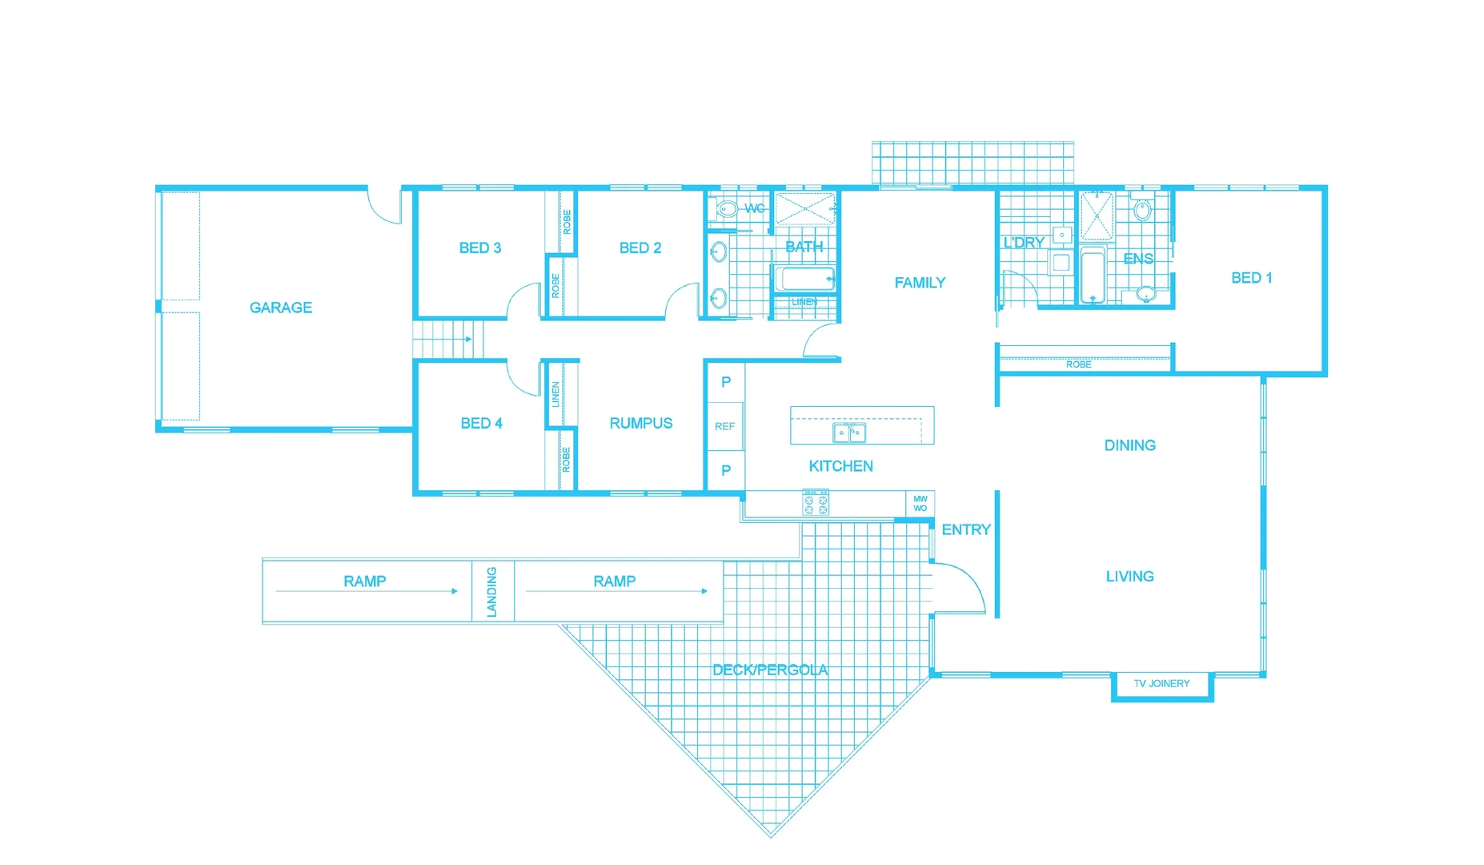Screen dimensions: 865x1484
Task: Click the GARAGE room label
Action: [x=280, y=308]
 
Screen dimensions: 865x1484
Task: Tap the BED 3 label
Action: [x=479, y=248]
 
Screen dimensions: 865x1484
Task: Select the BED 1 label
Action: [x=1251, y=278]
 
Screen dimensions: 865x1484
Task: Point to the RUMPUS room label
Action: [x=640, y=423]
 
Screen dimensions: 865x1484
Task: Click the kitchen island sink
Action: [x=849, y=432]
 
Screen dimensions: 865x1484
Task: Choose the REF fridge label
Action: [x=724, y=426]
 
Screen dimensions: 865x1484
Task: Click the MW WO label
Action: [x=920, y=504]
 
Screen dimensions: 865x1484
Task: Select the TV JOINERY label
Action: [x=1161, y=683]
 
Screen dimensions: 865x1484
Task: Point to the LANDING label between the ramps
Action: [x=491, y=592]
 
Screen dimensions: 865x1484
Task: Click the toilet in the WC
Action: [x=727, y=210]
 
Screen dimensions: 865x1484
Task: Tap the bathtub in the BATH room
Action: [x=804, y=279]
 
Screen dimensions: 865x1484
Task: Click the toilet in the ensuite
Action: [x=1142, y=211]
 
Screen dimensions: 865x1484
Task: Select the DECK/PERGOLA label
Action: [x=770, y=670]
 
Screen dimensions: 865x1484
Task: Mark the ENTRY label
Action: [x=965, y=529]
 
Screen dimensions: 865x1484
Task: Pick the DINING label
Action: [x=1129, y=445]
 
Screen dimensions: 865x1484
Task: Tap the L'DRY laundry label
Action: [x=1024, y=242]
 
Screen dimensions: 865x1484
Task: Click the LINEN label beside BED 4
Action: [x=555, y=394]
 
